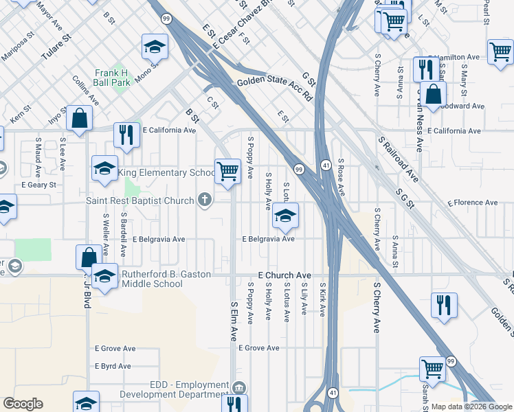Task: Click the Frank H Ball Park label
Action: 112,78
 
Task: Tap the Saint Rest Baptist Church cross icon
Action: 203,201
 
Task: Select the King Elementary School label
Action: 166,172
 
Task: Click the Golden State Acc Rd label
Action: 274,89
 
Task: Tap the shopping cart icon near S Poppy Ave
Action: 227,172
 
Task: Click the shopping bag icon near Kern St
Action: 80,118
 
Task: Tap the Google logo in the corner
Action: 23,404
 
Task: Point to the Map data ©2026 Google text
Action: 471,407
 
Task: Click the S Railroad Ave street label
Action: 399,158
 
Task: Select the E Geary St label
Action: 38,185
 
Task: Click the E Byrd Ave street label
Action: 113,366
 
